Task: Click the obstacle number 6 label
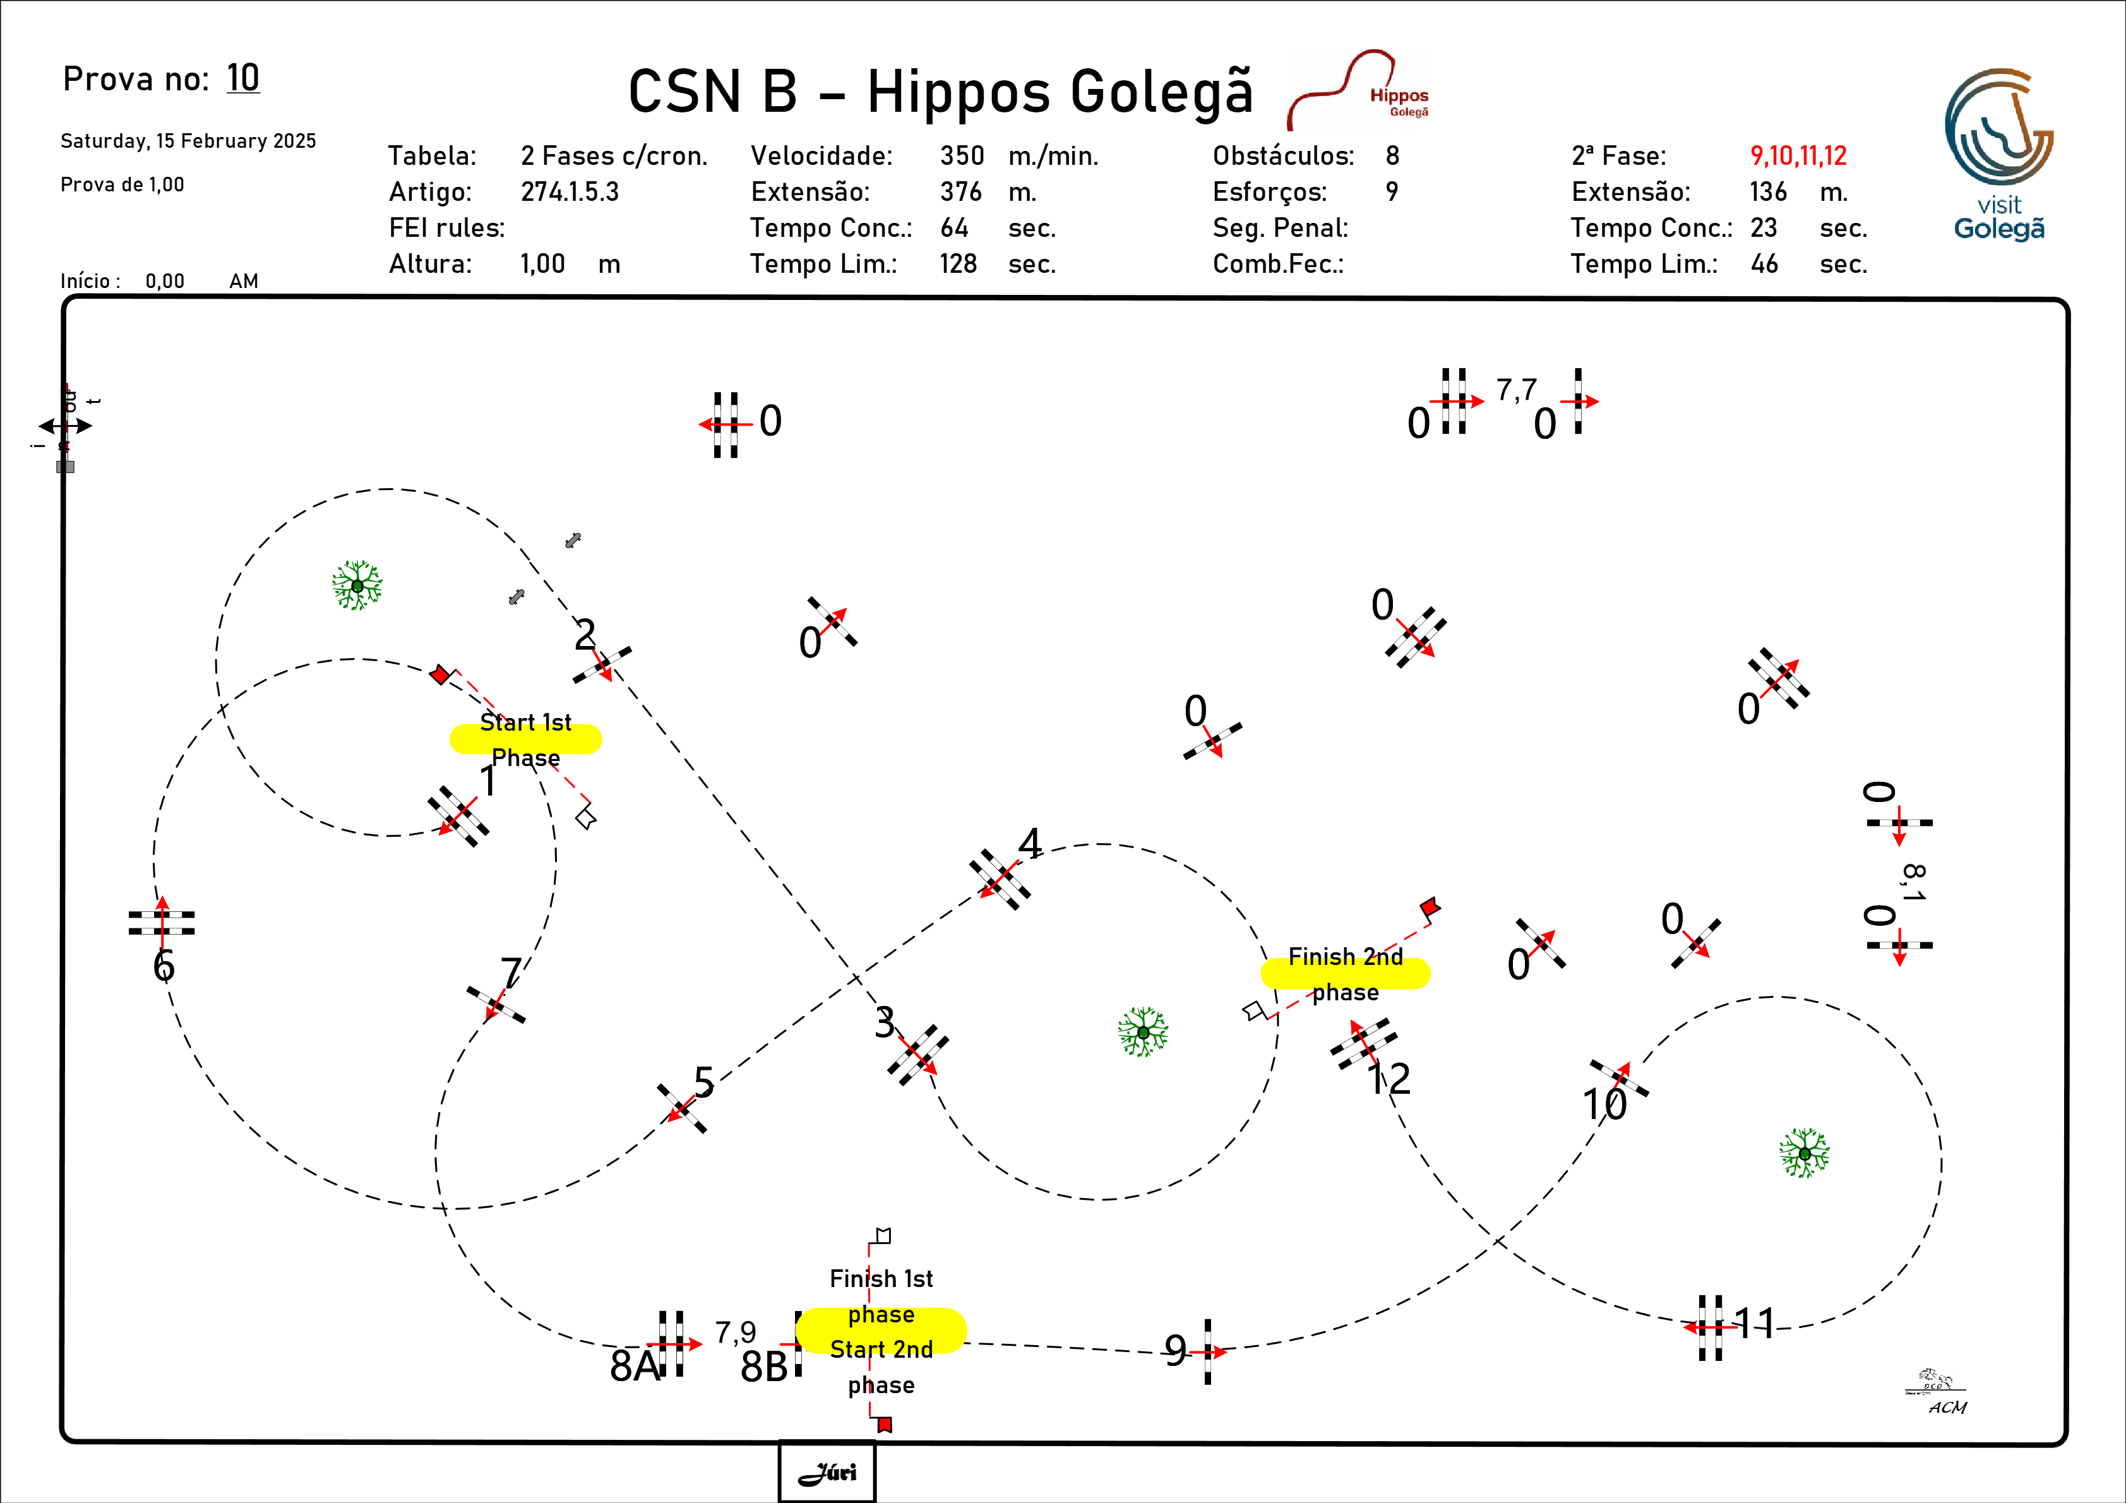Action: pyautogui.click(x=164, y=966)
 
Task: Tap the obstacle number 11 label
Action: pyautogui.click(x=1753, y=1324)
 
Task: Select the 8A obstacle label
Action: pyautogui.click(x=633, y=1365)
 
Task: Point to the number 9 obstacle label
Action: pyautogui.click(x=1175, y=1350)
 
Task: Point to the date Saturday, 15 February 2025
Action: pyautogui.click(x=188, y=141)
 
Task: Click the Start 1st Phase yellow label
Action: pyautogui.click(x=525, y=739)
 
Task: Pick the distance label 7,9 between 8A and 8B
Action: pyautogui.click(x=735, y=1332)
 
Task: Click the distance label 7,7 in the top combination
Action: pyautogui.click(x=1517, y=389)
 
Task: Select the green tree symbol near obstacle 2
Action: pyautogui.click(x=357, y=585)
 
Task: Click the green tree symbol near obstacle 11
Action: pyautogui.click(x=1804, y=1153)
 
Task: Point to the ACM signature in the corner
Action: pyautogui.click(x=1947, y=1406)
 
